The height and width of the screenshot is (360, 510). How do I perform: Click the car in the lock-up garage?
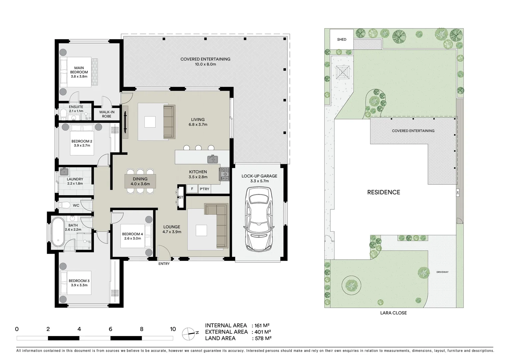(259, 219)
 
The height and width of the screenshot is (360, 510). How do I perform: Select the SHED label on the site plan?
(342, 39)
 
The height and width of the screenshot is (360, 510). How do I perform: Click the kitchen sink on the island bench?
(212, 159)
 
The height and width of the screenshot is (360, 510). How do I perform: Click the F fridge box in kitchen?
(192, 189)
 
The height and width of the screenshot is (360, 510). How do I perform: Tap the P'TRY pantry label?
(204, 189)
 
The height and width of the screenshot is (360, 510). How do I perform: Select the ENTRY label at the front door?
(164, 264)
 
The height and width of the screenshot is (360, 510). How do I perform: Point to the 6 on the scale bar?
(110, 329)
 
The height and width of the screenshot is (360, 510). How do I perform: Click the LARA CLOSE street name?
(394, 313)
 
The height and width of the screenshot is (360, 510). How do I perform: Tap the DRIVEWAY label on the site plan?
(442, 272)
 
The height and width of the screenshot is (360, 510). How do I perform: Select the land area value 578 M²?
(263, 338)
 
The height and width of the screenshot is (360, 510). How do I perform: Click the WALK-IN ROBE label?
(106, 114)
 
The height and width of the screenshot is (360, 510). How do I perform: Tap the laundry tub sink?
(64, 172)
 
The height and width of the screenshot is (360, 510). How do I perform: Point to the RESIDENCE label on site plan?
(384, 192)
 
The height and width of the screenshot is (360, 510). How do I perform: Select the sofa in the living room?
(169, 121)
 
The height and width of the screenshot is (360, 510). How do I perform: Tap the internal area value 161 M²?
(262, 325)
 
